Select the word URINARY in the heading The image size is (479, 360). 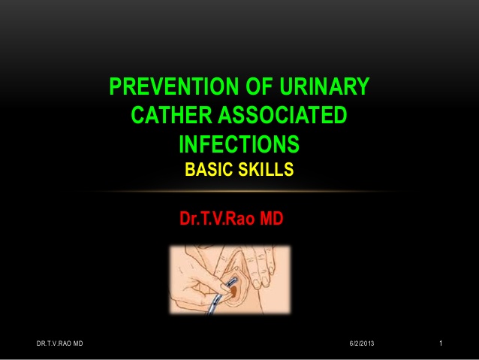pyautogui.click(x=324, y=86)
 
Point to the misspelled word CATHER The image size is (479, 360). pyautogui.click(x=171, y=115)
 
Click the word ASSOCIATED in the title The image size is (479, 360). pyautogui.click(x=282, y=115)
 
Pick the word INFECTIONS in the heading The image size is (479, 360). pyautogui.click(x=239, y=144)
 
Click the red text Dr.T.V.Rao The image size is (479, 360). pyautogui.click(x=217, y=219)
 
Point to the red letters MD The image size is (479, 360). pyautogui.click(x=272, y=219)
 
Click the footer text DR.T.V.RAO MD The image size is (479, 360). pyautogui.click(x=59, y=343)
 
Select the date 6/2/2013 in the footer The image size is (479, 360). pyautogui.click(x=362, y=343)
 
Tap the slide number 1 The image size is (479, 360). pyautogui.click(x=441, y=343)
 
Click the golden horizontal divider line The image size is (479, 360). pyautogui.click(x=239, y=192)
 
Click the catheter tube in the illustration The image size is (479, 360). pyautogui.click(x=221, y=297)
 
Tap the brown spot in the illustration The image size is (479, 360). pyautogui.click(x=233, y=291)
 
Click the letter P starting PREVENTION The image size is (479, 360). pyautogui.click(x=115, y=86)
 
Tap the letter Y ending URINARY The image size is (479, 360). pyautogui.click(x=363, y=86)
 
